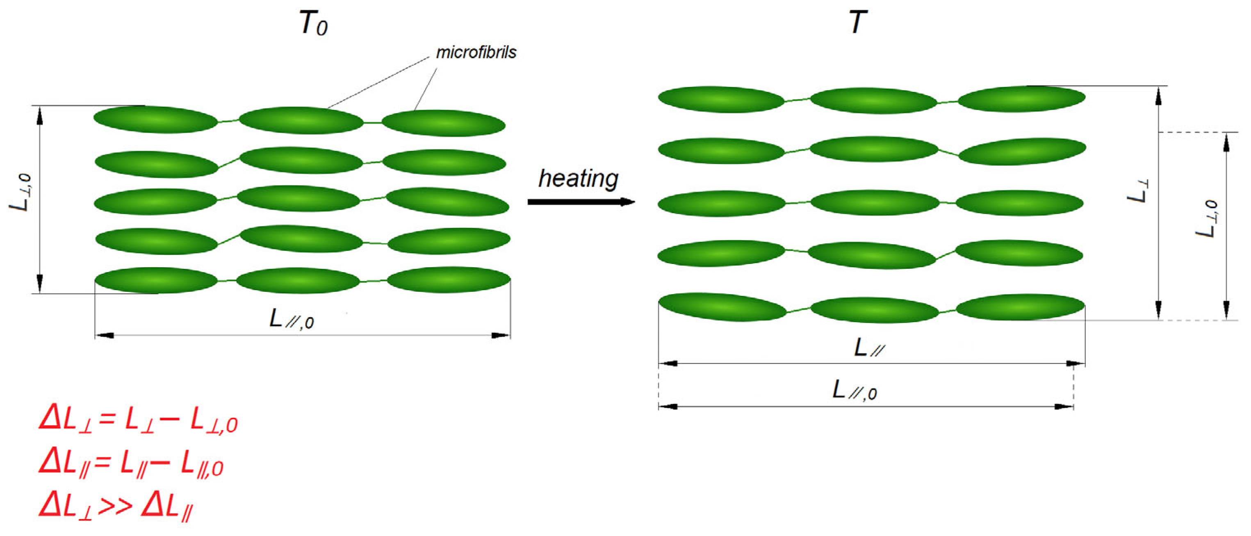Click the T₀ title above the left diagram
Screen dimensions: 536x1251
(x=313, y=23)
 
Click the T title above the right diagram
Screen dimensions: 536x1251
(x=858, y=22)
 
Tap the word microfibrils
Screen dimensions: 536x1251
(x=476, y=52)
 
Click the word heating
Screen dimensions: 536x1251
(x=578, y=179)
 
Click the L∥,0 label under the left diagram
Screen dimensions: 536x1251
(x=292, y=319)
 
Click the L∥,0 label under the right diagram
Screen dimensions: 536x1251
(x=855, y=390)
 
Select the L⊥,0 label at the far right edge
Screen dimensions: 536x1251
(x=1207, y=219)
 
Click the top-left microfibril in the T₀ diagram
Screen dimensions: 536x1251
(x=155, y=119)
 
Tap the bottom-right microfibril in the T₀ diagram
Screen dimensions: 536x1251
(x=448, y=280)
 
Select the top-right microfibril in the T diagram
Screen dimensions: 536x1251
(x=1021, y=98)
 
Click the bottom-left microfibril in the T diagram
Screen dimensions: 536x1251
(x=722, y=307)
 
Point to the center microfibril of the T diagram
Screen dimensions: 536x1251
(x=874, y=203)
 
